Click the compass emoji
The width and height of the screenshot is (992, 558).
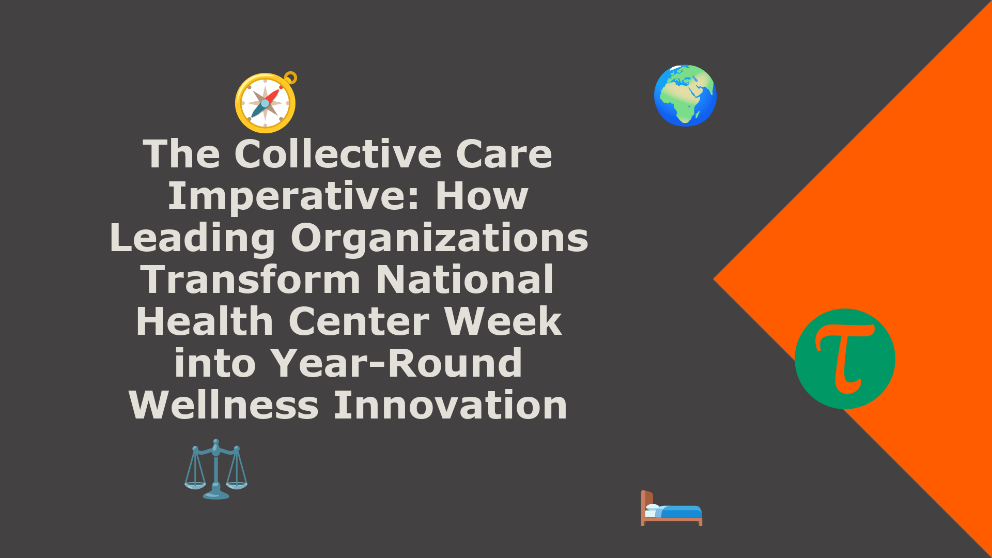coord(266,103)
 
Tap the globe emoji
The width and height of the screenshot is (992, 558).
coord(685,96)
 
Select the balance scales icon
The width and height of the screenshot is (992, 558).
coord(216,469)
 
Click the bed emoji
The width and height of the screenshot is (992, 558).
coord(672,508)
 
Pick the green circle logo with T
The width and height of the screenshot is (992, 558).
coord(845,359)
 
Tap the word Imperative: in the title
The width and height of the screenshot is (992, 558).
coord(293,197)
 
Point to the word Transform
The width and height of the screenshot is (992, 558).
coord(250,280)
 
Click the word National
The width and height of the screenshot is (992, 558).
coord(465,280)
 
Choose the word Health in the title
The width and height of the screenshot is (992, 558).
coord(205,321)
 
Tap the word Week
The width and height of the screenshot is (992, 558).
coord(503,321)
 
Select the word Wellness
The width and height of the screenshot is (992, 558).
coord(224,405)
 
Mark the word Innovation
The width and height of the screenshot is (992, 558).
coord(451,405)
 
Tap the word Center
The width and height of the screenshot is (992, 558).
coord(359,321)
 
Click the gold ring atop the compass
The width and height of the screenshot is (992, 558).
coord(291,78)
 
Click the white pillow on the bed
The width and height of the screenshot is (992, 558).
coord(653,507)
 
